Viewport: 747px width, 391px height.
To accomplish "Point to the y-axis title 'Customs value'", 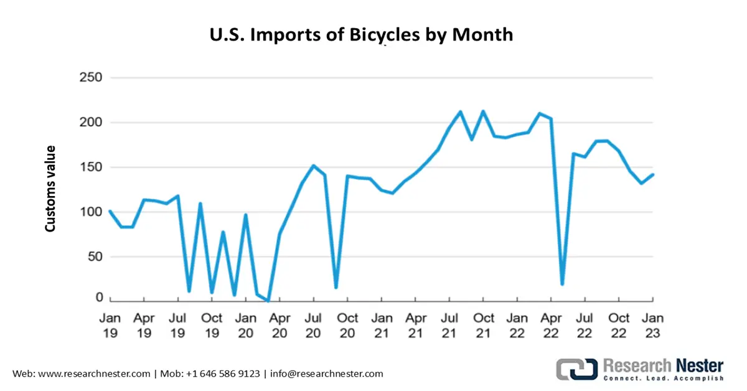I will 50,189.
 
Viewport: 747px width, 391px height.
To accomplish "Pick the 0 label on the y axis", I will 98,298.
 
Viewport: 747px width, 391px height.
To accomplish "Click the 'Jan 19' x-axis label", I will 110,325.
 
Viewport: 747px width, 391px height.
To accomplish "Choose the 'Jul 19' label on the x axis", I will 177,325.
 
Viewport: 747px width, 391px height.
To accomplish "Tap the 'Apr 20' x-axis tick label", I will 280,325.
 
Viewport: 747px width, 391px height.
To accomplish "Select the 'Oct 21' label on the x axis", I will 483,325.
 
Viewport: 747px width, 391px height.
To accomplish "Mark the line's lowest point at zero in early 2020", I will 268,301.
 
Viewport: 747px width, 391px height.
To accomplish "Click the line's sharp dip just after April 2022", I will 562,284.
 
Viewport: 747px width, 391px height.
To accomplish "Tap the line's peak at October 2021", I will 483,111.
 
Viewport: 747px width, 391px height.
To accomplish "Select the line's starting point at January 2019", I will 110,211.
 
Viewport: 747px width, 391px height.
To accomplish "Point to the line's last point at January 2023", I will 653,174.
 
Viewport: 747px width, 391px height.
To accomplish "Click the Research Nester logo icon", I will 576,369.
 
